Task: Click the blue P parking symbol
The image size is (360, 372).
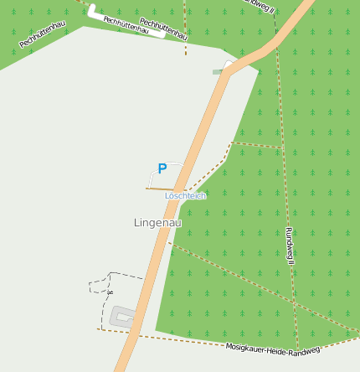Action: (162, 168)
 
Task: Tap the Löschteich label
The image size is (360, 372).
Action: (185, 196)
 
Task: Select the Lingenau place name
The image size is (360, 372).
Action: (157, 223)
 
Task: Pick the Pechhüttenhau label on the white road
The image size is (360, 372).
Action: (126, 25)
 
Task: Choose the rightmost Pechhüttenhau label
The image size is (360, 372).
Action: (163, 29)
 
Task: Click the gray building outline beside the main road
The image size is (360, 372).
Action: (123, 317)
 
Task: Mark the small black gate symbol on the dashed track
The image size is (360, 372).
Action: (109, 293)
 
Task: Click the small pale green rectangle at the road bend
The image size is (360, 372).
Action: (218, 71)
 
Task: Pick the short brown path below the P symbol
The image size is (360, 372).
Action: (158, 189)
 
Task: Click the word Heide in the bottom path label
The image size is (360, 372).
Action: (275, 349)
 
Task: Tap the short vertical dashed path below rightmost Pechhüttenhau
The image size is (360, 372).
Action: (185, 47)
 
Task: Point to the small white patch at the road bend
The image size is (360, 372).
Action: (228, 65)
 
